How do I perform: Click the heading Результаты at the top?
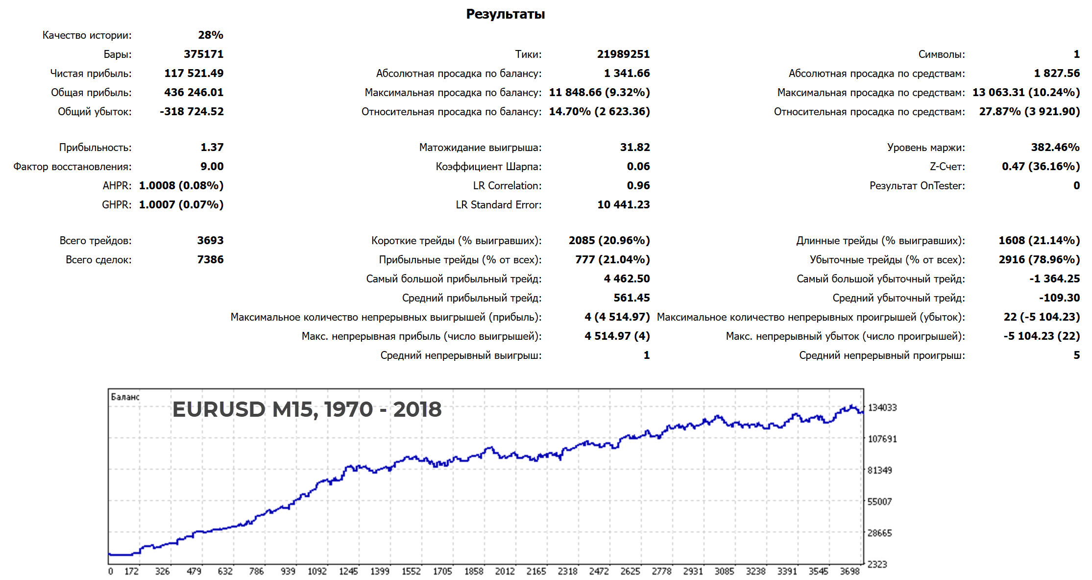pyautogui.click(x=505, y=14)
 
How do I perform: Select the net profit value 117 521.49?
pyautogui.click(x=194, y=74)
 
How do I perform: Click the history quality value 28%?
pyautogui.click(x=211, y=35)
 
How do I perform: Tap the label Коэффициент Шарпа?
pyautogui.click(x=488, y=167)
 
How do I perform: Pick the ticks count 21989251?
pyautogui.click(x=623, y=54)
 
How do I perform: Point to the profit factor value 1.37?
pyautogui.click(x=212, y=148)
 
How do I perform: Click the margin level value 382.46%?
pyautogui.click(x=1055, y=148)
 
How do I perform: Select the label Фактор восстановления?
pyautogui.click(x=73, y=167)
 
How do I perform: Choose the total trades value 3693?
pyautogui.click(x=210, y=241)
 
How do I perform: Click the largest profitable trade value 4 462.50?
pyautogui.click(x=627, y=279)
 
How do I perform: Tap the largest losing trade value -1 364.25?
pyautogui.click(x=1054, y=279)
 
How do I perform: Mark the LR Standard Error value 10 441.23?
pyautogui.click(x=623, y=205)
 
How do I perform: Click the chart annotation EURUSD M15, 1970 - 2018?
pyautogui.click(x=307, y=409)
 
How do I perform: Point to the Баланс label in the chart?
pyautogui.click(x=125, y=397)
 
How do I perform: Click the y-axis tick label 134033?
pyautogui.click(x=882, y=407)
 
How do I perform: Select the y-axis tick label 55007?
pyautogui.click(x=879, y=502)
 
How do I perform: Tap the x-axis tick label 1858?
pyautogui.click(x=474, y=571)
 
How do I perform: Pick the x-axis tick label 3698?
pyautogui.click(x=849, y=571)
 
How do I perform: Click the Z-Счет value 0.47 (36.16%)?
pyautogui.click(x=1041, y=167)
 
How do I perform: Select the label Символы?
pyautogui.click(x=941, y=54)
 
